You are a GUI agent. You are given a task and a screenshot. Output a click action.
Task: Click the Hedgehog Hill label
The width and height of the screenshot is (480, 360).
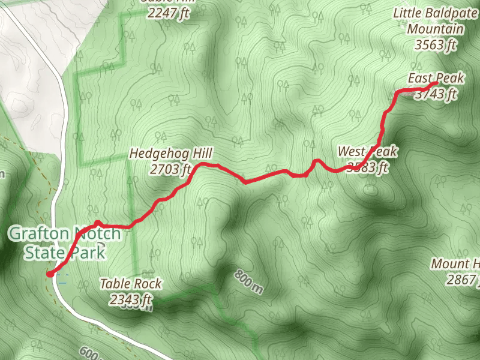[171, 154]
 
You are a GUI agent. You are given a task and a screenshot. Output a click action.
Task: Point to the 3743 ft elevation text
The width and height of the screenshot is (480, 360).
[436, 94]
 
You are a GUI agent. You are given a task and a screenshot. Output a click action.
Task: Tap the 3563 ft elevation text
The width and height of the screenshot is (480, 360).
[436, 44]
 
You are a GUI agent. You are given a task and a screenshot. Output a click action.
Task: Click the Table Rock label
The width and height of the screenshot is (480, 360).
[131, 283]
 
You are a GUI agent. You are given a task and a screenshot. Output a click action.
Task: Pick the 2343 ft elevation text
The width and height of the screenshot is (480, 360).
[131, 299]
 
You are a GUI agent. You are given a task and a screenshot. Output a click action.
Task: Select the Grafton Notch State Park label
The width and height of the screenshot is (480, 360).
[64, 243]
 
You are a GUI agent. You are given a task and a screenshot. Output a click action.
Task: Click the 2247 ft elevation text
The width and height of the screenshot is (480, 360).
[165, 12]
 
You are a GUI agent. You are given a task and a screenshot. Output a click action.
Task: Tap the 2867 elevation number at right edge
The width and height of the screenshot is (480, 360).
[462, 280]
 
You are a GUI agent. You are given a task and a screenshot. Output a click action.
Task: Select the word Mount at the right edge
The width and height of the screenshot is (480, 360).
[451, 264]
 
